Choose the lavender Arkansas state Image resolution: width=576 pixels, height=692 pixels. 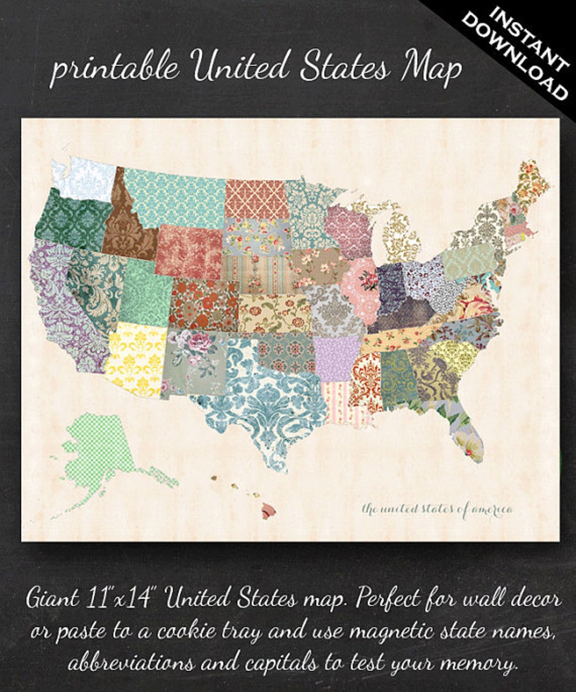tap(337, 358)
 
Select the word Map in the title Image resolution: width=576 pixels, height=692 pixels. tap(432, 68)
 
